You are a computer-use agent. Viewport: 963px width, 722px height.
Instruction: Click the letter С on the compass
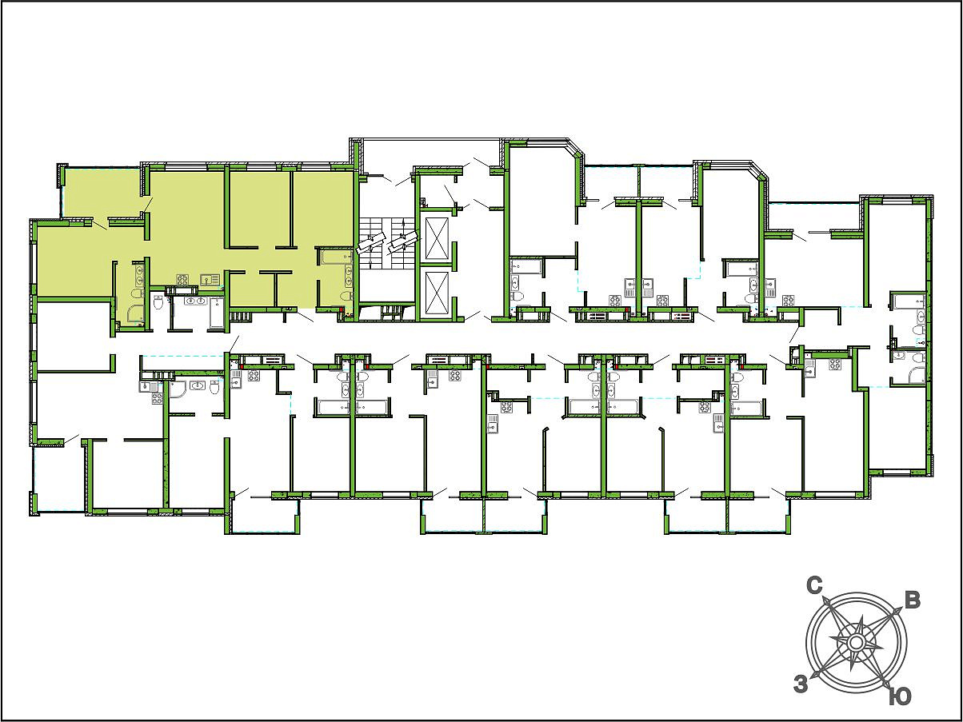point(815,586)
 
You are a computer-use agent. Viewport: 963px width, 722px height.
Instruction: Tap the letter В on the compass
point(913,601)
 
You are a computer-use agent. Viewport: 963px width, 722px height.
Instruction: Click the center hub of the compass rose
point(855,644)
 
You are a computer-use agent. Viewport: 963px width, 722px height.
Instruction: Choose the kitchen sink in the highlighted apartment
point(211,280)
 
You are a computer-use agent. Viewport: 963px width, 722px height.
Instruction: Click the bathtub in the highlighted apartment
point(335,257)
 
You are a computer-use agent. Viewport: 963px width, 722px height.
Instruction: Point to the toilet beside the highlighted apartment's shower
point(138,293)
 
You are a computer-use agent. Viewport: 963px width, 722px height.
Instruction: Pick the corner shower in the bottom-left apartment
point(178,389)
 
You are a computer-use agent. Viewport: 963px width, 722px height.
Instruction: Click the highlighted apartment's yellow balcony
point(102,193)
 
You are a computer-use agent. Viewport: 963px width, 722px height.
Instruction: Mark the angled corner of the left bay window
point(576,148)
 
